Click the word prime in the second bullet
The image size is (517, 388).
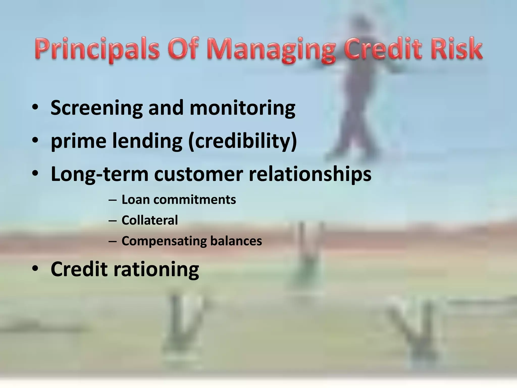pos(79,141)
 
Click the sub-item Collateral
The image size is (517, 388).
pos(150,220)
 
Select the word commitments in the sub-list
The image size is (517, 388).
pos(194,200)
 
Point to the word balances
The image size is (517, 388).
pos(236,240)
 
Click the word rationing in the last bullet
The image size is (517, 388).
pos(156,269)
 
